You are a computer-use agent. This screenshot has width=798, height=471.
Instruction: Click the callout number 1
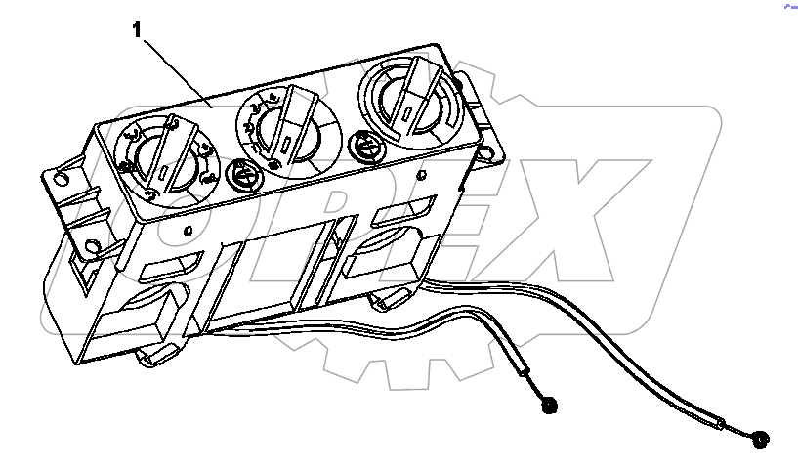(x=138, y=30)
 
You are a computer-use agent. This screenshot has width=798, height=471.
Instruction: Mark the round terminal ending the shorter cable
(x=548, y=404)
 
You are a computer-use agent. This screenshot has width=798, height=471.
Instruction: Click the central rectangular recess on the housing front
(x=274, y=269)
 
